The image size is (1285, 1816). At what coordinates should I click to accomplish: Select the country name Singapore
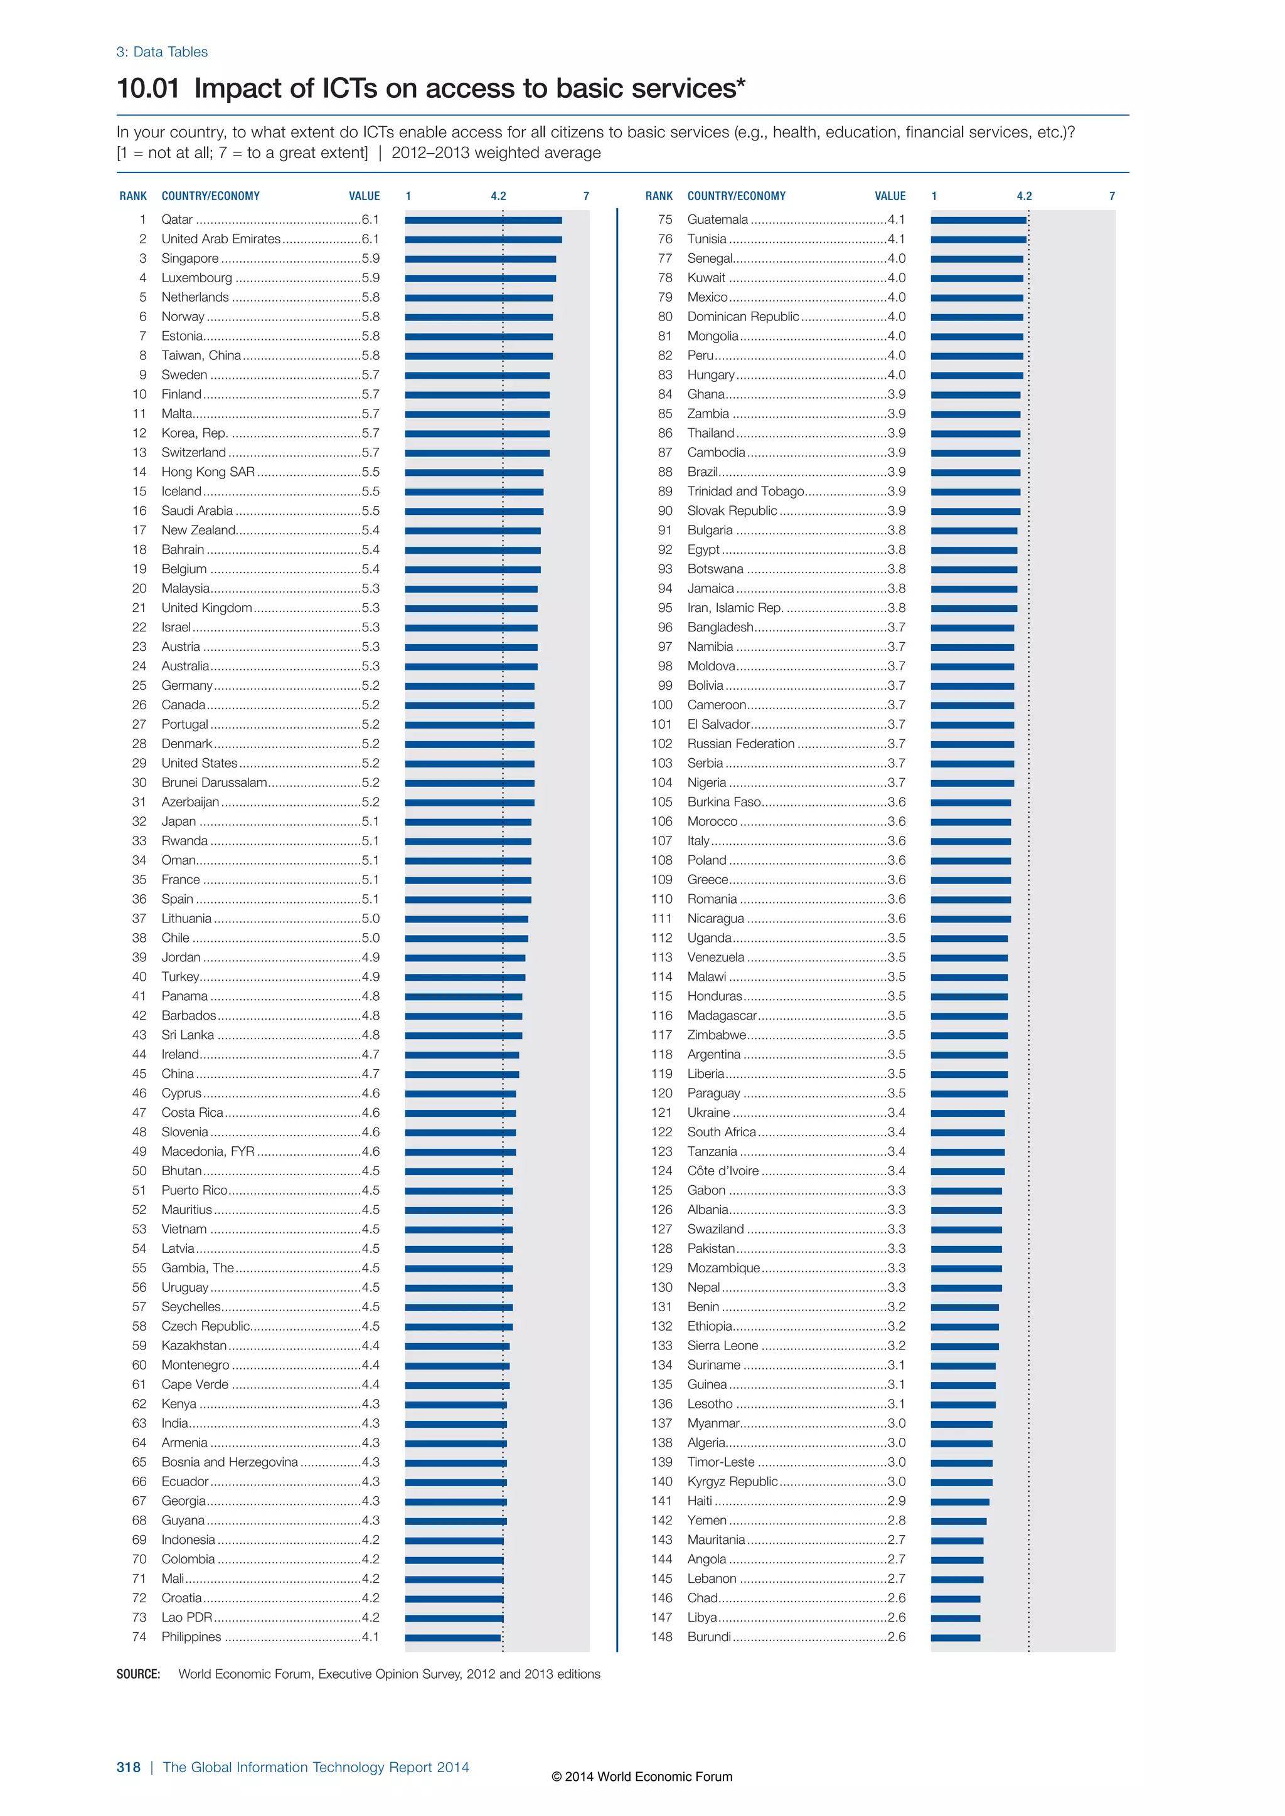click(x=190, y=258)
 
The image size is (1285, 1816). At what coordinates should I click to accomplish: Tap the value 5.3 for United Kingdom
click(x=370, y=608)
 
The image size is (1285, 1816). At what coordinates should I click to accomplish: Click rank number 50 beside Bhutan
click(x=139, y=1171)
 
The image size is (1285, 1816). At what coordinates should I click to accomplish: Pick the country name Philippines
click(x=191, y=1637)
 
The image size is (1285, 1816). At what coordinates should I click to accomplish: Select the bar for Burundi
click(x=955, y=1638)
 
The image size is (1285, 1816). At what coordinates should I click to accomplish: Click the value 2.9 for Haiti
click(x=896, y=1501)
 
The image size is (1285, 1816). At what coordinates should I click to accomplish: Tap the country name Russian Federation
click(x=740, y=744)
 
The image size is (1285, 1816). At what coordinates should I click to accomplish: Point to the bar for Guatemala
click(x=978, y=220)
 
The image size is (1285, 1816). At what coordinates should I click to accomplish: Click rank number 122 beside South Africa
click(x=661, y=1132)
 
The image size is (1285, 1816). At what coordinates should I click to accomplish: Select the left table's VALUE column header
click(x=364, y=196)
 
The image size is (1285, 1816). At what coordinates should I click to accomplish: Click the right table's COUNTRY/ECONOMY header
click(x=736, y=196)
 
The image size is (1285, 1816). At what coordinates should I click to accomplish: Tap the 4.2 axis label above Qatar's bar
click(x=498, y=196)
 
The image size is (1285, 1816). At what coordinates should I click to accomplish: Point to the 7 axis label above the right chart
click(x=1112, y=196)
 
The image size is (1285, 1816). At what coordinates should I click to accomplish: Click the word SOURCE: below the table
click(x=139, y=1674)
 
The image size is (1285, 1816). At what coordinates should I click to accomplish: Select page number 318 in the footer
click(x=128, y=1768)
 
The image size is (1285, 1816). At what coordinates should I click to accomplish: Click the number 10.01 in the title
click(x=148, y=88)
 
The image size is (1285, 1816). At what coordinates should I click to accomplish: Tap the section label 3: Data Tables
click(x=163, y=52)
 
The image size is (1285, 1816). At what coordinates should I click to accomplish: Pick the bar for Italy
click(x=970, y=842)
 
